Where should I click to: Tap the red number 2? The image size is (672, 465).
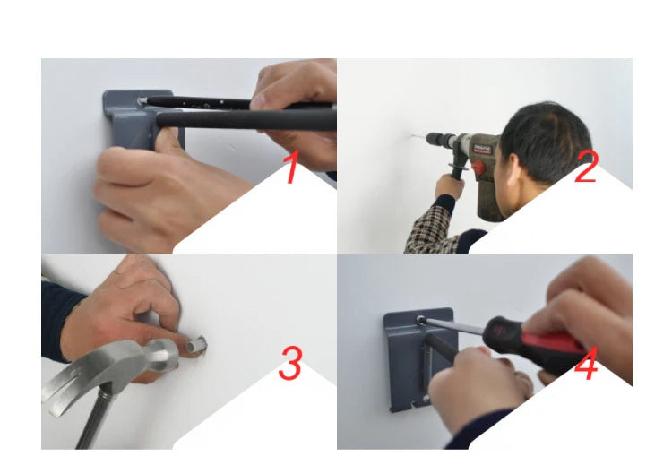(585, 168)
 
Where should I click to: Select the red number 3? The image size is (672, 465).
(290, 364)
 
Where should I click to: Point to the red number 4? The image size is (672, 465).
(586, 364)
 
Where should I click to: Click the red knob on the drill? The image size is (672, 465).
(478, 168)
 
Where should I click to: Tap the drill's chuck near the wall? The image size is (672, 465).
(435, 139)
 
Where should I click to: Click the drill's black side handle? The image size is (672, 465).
(458, 170)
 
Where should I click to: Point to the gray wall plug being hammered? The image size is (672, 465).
(196, 344)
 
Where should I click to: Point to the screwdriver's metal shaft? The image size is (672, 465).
(454, 326)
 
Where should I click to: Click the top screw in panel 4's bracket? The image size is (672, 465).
(421, 319)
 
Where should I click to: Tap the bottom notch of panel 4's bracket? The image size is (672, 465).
(415, 405)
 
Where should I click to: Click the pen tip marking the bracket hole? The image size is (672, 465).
(142, 101)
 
